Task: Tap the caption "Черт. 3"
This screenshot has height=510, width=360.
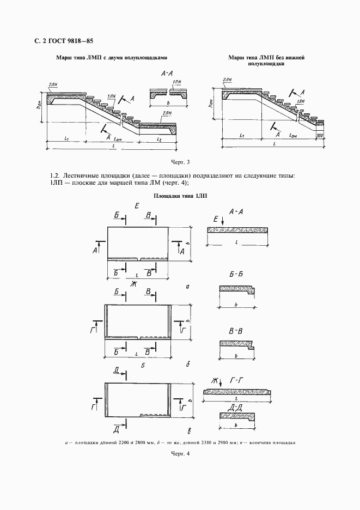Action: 179,162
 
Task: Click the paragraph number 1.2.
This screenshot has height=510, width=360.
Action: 54,175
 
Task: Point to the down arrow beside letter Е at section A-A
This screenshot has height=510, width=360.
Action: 223,222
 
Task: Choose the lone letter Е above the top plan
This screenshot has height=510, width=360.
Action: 137,205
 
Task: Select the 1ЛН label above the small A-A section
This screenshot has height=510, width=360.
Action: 176,82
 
